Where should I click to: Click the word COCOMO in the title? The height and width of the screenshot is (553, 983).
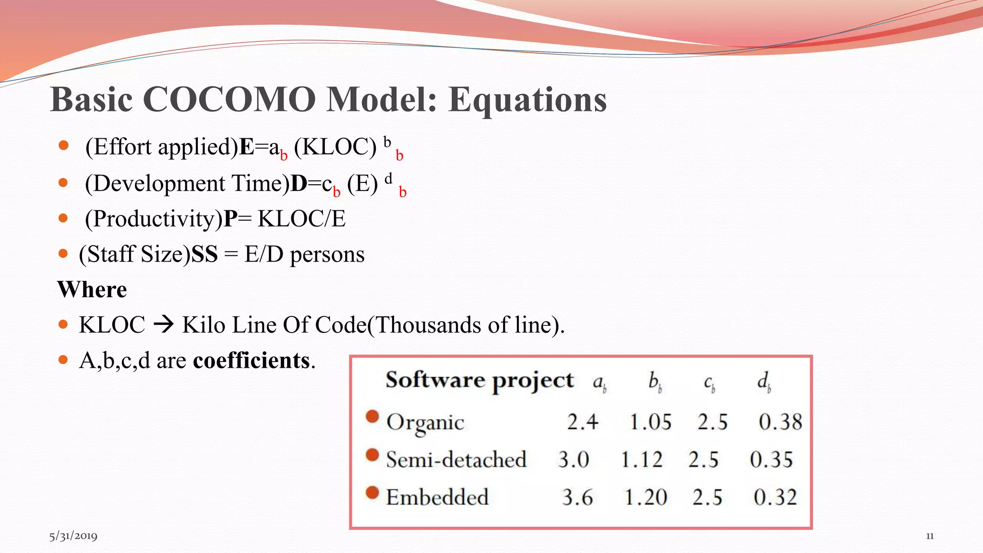click(228, 100)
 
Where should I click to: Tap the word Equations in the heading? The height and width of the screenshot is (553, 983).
click(527, 100)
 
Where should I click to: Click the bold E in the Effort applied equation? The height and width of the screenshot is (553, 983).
click(247, 147)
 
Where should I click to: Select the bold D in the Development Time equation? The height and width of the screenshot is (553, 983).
click(299, 183)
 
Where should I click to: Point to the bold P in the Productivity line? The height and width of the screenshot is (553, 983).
click(230, 219)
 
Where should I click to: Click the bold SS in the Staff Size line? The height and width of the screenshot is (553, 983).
click(204, 254)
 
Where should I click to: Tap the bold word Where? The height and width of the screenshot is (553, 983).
click(92, 289)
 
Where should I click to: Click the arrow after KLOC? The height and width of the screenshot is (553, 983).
click(164, 325)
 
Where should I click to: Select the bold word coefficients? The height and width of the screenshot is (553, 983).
click(252, 361)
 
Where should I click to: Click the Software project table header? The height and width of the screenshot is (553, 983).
click(480, 380)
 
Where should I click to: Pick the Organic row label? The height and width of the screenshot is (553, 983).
click(425, 422)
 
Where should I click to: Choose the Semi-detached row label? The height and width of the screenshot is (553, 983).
click(456, 460)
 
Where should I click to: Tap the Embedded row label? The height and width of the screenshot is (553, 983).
click(437, 497)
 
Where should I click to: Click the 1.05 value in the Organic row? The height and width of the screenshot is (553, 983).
click(650, 422)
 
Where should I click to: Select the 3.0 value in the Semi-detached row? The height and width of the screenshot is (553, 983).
click(574, 460)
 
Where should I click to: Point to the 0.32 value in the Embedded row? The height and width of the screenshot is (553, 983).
click(775, 497)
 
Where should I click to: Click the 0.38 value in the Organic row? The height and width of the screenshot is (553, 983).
click(780, 422)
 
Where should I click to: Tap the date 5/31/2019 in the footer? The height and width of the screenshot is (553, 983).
click(73, 536)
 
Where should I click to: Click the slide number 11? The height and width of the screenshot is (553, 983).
click(930, 536)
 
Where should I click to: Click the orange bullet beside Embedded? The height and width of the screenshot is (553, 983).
click(372, 493)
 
